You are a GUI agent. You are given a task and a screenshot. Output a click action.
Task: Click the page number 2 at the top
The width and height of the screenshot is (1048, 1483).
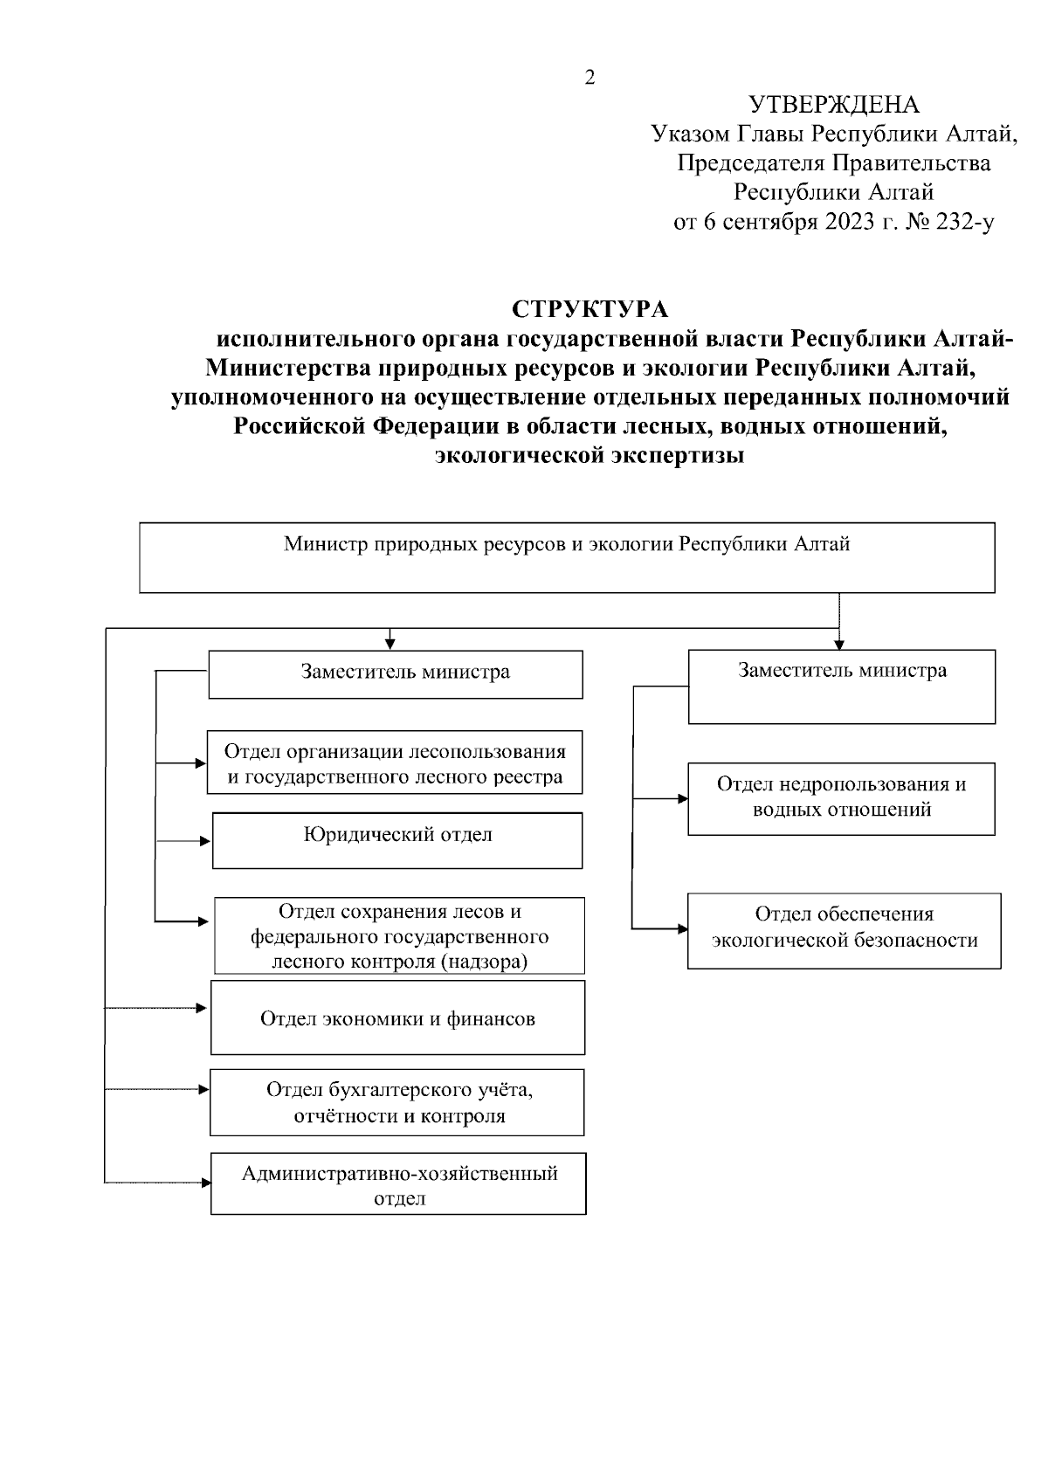tap(589, 79)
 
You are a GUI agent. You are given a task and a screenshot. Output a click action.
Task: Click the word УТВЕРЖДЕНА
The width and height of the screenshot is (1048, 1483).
tap(834, 105)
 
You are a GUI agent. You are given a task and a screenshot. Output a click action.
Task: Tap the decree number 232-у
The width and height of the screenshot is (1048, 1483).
tap(964, 222)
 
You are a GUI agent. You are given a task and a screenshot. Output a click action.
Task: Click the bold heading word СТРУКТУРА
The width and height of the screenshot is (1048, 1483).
tap(589, 310)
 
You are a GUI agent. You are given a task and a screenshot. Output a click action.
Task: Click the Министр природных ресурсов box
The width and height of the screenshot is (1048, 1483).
tap(567, 557)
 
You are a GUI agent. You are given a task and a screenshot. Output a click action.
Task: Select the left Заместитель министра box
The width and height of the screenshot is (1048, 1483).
tap(395, 673)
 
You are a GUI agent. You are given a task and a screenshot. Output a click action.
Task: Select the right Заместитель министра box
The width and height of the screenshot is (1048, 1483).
tap(841, 686)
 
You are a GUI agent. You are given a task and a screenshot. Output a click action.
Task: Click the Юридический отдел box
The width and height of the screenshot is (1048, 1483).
tap(397, 840)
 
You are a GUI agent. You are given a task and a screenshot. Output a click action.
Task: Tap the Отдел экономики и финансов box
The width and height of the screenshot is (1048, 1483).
tap(397, 1017)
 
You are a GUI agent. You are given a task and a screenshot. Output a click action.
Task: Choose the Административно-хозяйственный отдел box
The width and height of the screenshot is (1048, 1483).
tap(398, 1184)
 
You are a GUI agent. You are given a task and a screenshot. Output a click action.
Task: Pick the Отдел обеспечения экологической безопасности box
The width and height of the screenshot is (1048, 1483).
tap(844, 930)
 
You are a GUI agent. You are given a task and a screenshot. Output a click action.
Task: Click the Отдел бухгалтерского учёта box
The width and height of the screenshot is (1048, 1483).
tap(397, 1102)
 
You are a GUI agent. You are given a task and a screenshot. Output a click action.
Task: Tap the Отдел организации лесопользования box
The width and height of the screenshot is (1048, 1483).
tap(395, 762)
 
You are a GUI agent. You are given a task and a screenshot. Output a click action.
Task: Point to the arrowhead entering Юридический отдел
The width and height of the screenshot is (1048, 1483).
tap(206, 841)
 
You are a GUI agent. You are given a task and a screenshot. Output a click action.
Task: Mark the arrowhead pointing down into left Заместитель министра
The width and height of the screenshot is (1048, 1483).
tap(390, 645)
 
